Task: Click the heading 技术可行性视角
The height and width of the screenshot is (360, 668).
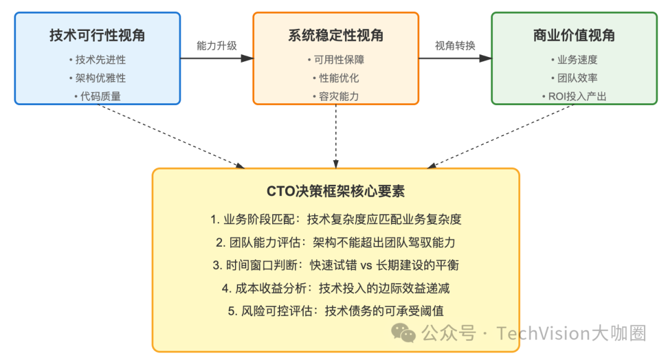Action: (x=98, y=36)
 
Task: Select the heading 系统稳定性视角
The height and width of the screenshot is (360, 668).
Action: (x=336, y=36)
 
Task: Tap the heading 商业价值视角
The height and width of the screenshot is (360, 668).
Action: (x=574, y=36)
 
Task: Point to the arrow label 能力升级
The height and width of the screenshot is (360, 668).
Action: (x=216, y=46)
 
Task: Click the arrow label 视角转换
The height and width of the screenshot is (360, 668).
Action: (x=455, y=46)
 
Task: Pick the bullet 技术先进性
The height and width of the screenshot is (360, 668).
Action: (x=98, y=60)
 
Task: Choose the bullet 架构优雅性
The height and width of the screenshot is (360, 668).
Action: (x=98, y=78)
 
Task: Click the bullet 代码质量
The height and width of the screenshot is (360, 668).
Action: (x=98, y=96)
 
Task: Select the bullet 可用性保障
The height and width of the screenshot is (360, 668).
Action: (x=336, y=60)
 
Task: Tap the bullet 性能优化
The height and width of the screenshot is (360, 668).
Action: (x=336, y=78)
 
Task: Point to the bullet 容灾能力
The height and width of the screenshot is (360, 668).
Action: (x=336, y=96)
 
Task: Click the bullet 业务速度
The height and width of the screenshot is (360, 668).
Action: (x=574, y=60)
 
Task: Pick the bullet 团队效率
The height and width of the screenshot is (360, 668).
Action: (x=574, y=78)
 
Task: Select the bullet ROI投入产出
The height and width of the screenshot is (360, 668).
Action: (x=574, y=96)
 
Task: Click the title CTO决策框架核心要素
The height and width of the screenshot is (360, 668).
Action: (x=336, y=191)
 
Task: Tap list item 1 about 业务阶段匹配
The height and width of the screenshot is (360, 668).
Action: (x=336, y=220)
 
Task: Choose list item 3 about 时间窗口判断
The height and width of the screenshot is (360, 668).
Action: (x=336, y=265)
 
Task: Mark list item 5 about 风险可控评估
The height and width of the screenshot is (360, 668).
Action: (x=336, y=311)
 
